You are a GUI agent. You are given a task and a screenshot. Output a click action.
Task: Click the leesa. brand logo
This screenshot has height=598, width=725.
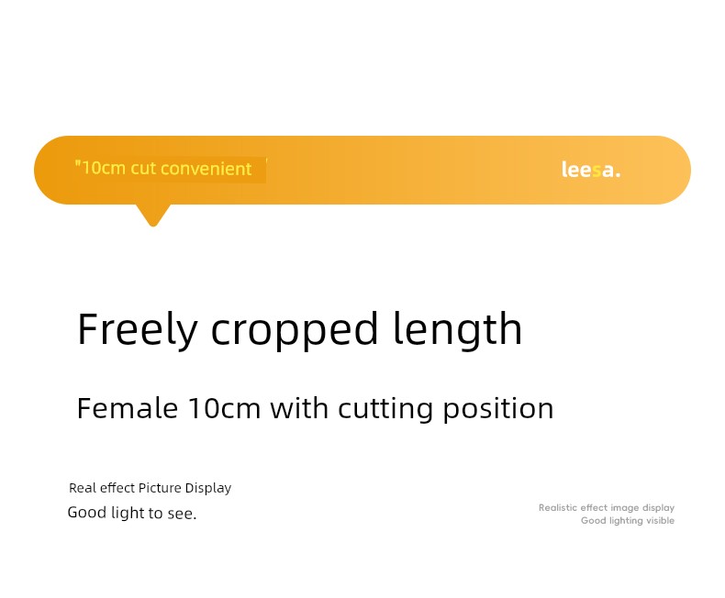(590, 170)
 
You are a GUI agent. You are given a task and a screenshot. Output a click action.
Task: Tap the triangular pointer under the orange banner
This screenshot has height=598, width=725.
(153, 215)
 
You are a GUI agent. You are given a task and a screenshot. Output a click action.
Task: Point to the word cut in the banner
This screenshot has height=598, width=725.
(143, 169)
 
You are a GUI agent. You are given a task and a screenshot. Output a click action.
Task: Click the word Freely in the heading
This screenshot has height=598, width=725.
(138, 330)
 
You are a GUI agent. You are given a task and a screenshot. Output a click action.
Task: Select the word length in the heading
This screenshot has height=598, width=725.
(458, 330)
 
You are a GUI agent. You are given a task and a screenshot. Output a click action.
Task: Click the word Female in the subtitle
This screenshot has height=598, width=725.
(128, 408)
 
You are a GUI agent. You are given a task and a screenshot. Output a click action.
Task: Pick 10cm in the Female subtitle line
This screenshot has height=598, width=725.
(225, 408)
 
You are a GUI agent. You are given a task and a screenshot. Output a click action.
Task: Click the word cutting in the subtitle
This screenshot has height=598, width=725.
(385, 409)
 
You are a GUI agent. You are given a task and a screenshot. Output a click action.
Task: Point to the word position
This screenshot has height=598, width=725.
(498, 409)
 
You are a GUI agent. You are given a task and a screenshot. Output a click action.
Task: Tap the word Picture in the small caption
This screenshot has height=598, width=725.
(160, 488)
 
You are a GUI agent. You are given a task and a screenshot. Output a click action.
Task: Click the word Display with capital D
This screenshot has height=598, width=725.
(208, 489)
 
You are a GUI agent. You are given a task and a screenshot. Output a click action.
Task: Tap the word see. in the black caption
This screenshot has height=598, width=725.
(182, 514)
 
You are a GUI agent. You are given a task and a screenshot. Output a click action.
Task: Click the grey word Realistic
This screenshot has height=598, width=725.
(557, 508)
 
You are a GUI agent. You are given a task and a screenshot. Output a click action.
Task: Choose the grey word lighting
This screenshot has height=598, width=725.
(626, 521)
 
